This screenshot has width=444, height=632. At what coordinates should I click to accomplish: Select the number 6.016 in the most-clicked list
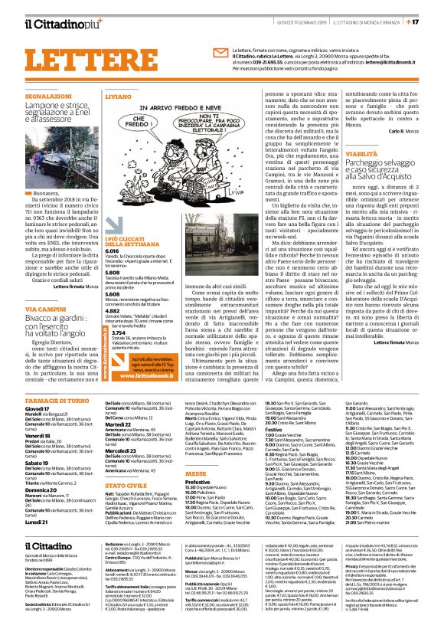point(112,251)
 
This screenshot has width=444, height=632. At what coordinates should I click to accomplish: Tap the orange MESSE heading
point(195,474)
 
